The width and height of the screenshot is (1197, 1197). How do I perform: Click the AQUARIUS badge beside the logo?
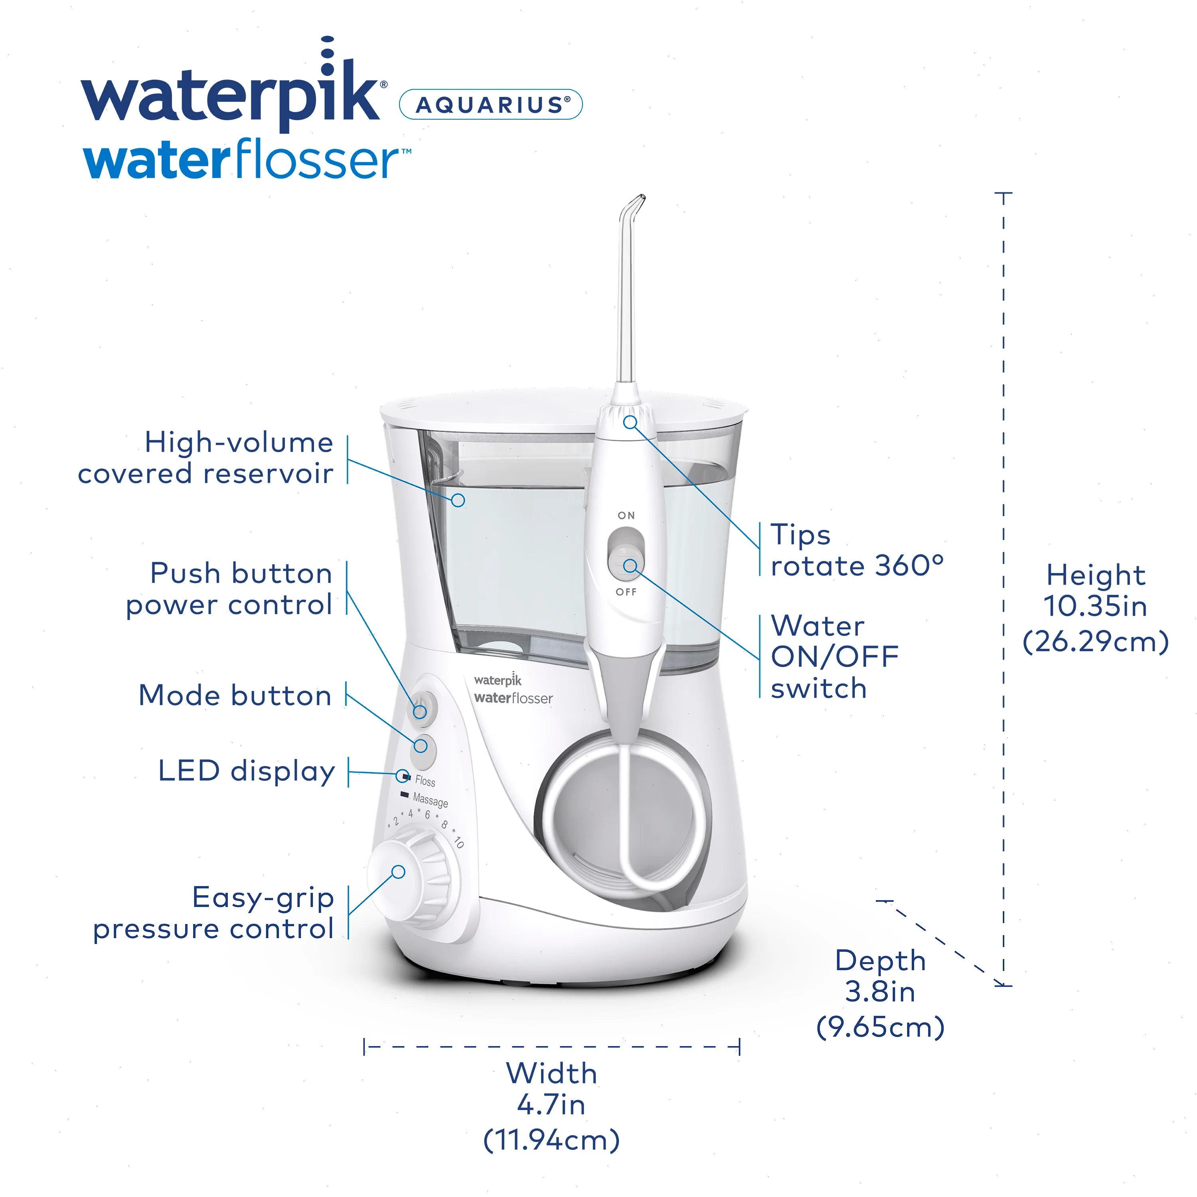[x=491, y=104]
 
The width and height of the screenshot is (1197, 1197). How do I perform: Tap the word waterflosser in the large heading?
[x=247, y=160]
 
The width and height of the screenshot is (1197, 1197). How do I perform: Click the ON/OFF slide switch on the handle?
[x=626, y=552]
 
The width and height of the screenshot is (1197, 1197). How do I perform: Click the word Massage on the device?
[x=430, y=800]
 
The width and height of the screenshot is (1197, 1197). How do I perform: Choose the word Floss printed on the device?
[x=425, y=781]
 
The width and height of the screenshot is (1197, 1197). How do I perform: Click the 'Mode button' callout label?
[x=235, y=695]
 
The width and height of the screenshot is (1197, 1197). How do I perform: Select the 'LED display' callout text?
[x=247, y=771]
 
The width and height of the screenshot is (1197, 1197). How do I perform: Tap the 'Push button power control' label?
[x=229, y=589]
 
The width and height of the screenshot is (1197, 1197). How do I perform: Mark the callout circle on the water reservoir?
[x=458, y=500]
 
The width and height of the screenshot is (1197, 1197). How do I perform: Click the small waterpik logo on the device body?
[x=498, y=679]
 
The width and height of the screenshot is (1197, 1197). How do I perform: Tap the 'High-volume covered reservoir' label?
[x=206, y=458]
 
